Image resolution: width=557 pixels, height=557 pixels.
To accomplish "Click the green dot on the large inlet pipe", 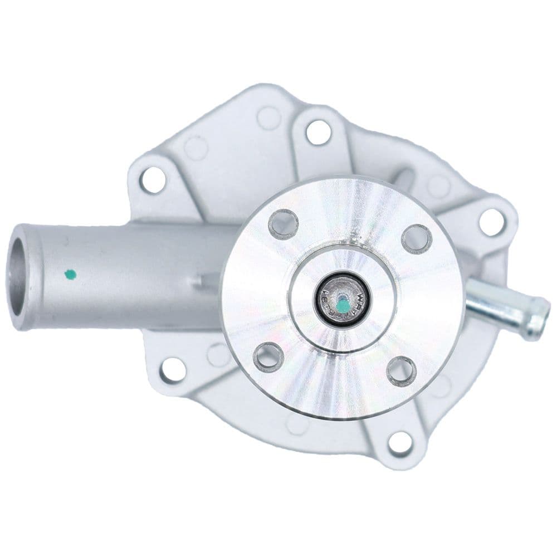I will coord(70,273).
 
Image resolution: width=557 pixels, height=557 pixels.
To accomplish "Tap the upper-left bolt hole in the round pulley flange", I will coord(283,224).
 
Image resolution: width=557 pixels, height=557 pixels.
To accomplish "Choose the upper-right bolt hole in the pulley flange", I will coord(417,238).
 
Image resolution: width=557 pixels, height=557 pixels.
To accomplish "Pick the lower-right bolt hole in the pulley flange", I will coord(402,371).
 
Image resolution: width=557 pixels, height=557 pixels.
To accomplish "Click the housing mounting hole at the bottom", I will coord(400,443).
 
